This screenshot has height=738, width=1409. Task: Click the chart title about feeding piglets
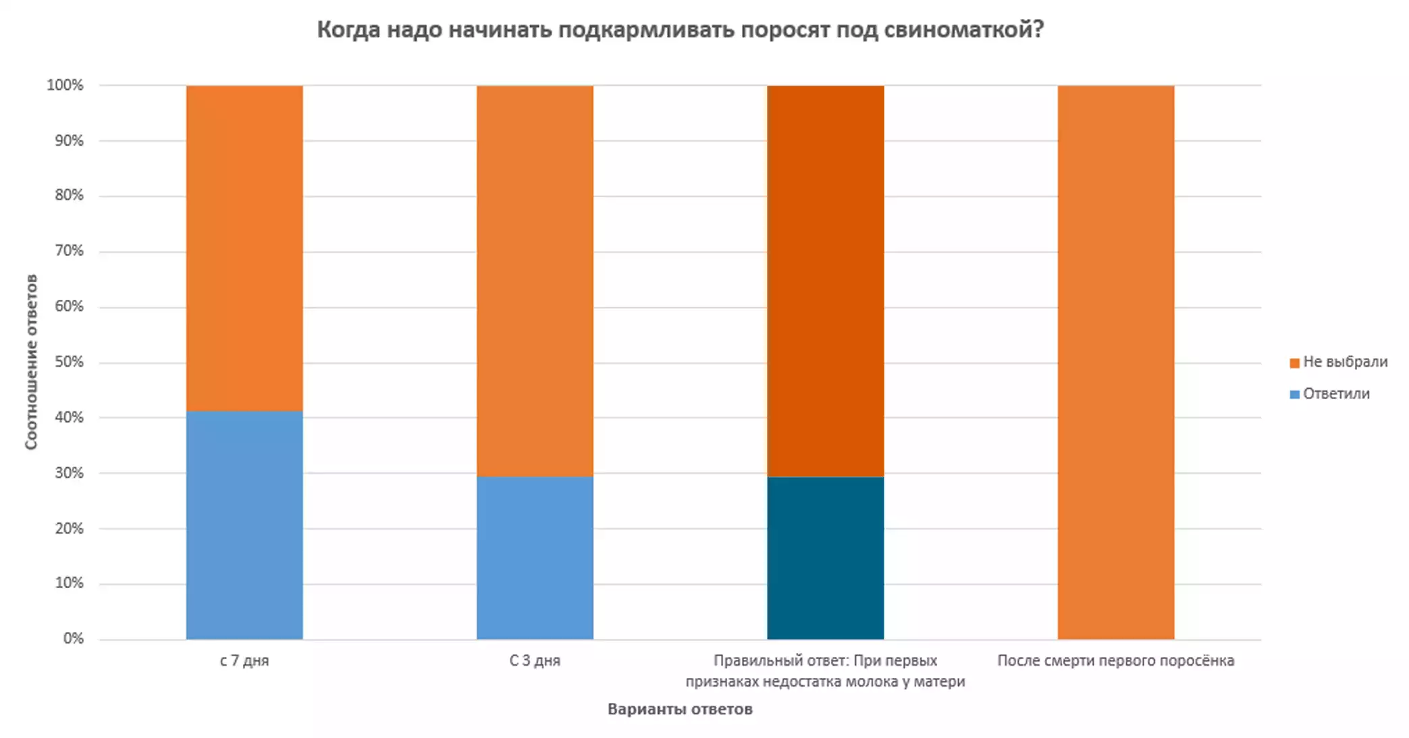point(680,30)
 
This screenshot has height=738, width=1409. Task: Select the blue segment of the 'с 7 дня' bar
point(244,525)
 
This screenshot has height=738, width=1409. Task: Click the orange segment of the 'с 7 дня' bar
point(244,248)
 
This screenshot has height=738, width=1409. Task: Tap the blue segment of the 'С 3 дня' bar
point(535,558)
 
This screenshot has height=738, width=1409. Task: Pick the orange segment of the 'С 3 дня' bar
point(535,281)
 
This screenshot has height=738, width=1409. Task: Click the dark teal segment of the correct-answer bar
point(825,558)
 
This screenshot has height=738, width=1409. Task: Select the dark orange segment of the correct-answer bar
point(825,281)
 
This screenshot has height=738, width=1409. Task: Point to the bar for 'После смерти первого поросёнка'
point(1115,362)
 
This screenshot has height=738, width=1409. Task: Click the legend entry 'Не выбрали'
point(1345,362)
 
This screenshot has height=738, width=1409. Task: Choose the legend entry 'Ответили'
point(1336,394)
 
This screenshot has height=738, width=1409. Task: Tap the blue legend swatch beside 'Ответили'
point(1294,394)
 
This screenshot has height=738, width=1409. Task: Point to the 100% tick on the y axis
point(65,85)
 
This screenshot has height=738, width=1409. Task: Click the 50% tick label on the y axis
point(68,362)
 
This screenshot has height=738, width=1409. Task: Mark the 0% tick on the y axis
point(73,638)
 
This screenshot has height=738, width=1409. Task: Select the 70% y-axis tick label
point(68,251)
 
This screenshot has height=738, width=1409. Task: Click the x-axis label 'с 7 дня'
point(244,660)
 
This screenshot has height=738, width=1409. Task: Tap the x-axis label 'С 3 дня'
point(535,660)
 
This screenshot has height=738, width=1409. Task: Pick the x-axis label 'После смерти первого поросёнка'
point(1115,660)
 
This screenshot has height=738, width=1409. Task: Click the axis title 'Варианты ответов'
point(680,709)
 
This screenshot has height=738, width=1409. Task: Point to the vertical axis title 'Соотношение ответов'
point(31,362)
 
